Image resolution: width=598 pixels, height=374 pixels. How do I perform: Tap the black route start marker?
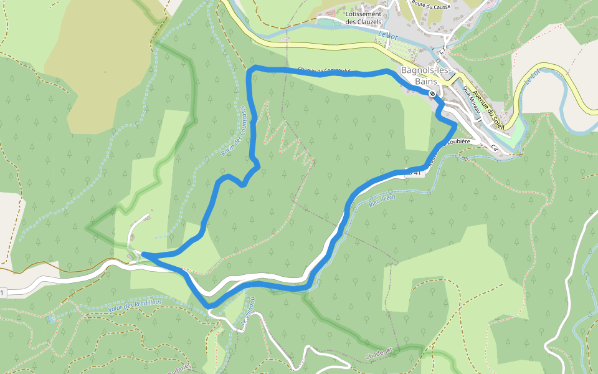point(432,93)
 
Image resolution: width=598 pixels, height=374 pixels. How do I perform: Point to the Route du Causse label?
point(430,6)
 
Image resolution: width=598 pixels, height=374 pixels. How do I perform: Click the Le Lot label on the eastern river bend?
point(531,77)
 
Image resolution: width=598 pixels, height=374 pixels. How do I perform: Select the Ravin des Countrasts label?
point(234,131)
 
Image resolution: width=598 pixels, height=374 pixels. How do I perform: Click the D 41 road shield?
point(414,172)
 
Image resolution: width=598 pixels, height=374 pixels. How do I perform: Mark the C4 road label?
point(495,148)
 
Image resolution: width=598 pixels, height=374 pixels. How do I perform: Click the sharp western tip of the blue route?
point(144,254)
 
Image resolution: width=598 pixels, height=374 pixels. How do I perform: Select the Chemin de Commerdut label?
point(324,70)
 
